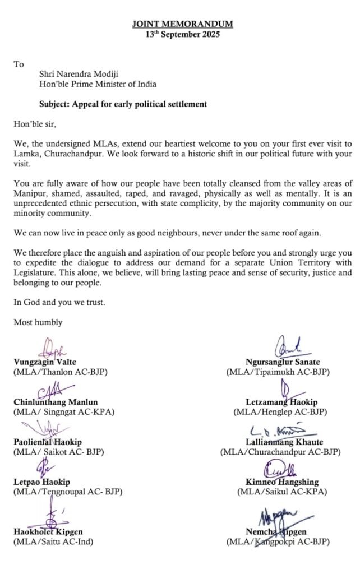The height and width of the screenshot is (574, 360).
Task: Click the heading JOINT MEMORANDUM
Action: [182, 24]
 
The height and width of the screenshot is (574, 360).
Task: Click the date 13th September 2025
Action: [182, 34]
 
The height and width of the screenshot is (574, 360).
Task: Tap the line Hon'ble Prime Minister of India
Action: [98, 84]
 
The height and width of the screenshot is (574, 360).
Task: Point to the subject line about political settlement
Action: [123, 104]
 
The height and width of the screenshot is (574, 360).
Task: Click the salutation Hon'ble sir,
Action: [35, 124]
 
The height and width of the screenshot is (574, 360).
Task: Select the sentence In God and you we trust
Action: [59, 303]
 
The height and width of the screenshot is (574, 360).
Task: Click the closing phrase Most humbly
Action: [38, 322]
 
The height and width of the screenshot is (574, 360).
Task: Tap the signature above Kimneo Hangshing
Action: [282, 470]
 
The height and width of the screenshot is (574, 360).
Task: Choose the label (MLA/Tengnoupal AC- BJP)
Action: [68, 492]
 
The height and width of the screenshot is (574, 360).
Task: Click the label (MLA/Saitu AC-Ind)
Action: [53, 541]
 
